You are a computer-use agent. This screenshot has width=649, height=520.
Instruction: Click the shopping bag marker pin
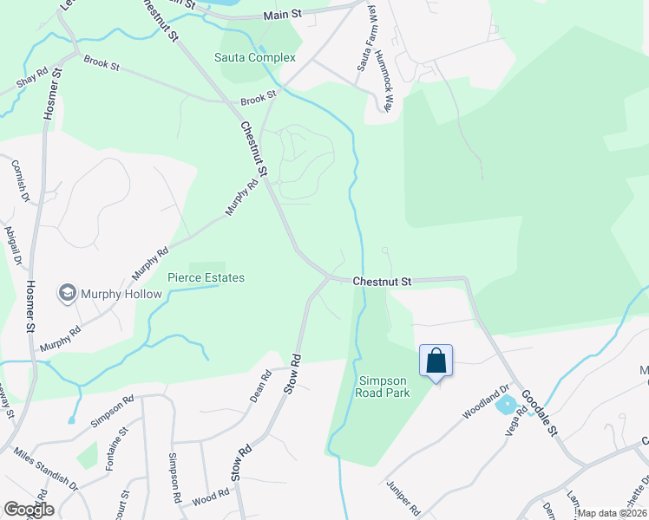pyautogui.click(x=436, y=361)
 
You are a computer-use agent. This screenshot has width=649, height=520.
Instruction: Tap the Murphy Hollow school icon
pyautogui.click(x=67, y=294)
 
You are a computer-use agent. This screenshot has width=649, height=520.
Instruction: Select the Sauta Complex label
pyautogui.click(x=255, y=57)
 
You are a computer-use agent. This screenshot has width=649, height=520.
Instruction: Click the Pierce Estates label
pyautogui.click(x=206, y=277)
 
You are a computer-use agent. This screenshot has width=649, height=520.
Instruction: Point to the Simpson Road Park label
pyautogui.click(x=382, y=386)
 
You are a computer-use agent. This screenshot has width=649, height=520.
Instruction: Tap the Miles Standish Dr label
pyautogui.click(x=47, y=471)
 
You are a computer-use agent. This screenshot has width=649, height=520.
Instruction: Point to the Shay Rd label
pyautogui.click(x=31, y=79)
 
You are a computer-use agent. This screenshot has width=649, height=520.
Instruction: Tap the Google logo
pyautogui.click(x=29, y=509)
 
